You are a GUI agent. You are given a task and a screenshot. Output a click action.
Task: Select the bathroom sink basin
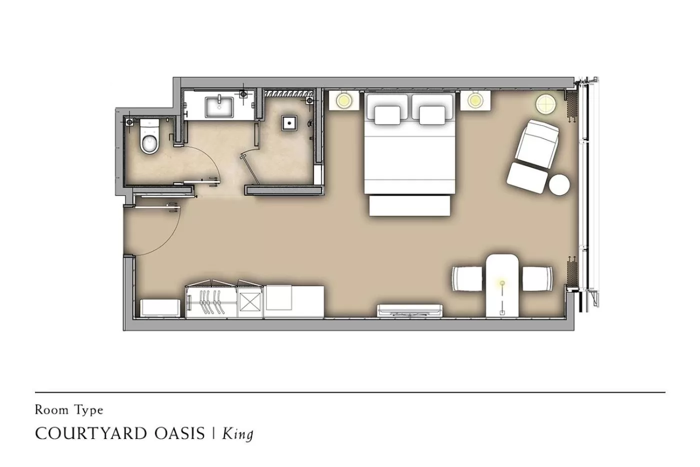pos(219,107)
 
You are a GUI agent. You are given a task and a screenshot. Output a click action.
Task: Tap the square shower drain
pos(288,122)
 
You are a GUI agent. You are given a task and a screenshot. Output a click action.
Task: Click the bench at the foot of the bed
pos(409,205)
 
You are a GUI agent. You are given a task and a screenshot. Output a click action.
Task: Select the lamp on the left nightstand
pos(343,101)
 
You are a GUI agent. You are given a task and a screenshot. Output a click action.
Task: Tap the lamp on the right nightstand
pos(474,101)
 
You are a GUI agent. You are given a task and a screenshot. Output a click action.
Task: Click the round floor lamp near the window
pos(545,104)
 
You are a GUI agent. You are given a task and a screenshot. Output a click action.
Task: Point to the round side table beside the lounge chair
pos(559,184)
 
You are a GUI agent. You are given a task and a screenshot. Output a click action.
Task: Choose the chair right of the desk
pos(538,279)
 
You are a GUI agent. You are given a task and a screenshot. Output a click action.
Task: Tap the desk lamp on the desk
pos(502,284)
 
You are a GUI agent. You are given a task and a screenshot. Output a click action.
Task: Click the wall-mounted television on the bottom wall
pos(410,310)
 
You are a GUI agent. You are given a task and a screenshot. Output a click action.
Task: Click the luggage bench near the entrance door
pos(160,307)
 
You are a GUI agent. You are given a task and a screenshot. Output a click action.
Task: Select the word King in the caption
pos(237,433)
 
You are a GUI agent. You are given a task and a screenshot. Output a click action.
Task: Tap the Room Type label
pos(69,410)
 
